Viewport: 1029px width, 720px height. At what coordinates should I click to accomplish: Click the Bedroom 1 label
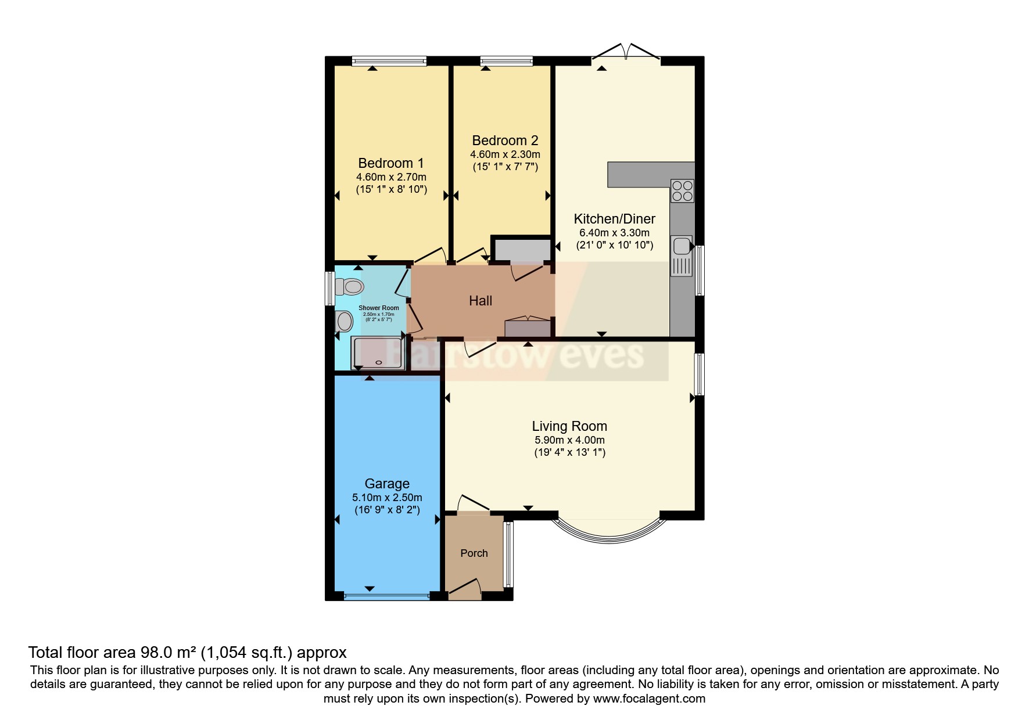[x=390, y=163]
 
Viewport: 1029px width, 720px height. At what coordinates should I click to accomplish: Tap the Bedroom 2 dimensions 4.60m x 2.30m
[x=504, y=154]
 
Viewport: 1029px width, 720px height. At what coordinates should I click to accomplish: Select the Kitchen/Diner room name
[x=614, y=219]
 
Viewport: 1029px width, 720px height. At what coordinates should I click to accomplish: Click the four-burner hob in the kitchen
[x=682, y=190]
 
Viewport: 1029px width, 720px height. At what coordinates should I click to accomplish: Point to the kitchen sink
[x=681, y=246]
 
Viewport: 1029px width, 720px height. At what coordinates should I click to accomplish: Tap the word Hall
[x=480, y=301]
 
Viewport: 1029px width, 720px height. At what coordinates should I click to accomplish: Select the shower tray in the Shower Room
[x=378, y=353]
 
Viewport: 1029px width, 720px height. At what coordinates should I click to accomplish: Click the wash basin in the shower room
[x=344, y=321]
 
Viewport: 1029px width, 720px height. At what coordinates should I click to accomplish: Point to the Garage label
[x=387, y=484]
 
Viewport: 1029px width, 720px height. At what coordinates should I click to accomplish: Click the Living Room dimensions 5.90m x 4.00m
[x=569, y=440]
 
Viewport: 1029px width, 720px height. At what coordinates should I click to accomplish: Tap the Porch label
[x=474, y=553]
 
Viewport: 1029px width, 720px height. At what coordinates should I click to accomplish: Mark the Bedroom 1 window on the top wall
[x=389, y=60]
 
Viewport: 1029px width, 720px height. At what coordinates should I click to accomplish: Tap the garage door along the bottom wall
[x=386, y=595]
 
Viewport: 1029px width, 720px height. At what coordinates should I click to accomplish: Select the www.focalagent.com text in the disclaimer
[x=649, y=699]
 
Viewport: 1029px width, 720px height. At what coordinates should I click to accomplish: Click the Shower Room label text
[x=378, y=308]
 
